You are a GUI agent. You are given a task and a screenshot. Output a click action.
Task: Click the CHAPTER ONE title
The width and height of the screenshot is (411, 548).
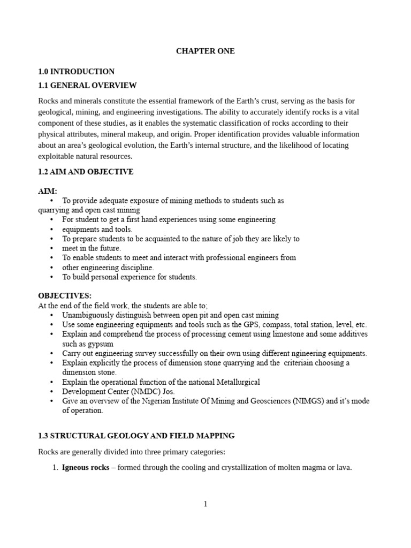(205, 51)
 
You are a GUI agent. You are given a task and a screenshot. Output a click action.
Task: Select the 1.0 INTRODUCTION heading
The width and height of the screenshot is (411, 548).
(76, 71)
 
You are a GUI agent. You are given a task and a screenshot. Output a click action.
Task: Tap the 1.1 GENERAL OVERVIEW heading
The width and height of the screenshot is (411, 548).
(87, 85)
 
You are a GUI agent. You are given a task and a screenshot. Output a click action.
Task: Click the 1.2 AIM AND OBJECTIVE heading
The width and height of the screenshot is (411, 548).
(86, 172)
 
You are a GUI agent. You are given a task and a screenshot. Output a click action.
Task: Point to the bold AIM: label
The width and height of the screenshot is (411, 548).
(48, 191)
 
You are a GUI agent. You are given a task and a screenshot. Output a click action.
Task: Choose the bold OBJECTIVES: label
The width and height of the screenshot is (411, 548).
(65, 295)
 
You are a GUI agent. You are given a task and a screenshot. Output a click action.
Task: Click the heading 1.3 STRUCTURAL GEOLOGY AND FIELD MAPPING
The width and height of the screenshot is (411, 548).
(136, 436)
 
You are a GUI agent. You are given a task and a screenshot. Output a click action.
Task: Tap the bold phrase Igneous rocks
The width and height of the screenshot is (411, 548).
(86, 467)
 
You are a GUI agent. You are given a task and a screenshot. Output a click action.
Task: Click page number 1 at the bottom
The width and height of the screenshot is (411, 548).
(205, 504)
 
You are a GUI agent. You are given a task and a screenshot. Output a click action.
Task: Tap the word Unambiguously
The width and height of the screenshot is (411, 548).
(87, 315)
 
